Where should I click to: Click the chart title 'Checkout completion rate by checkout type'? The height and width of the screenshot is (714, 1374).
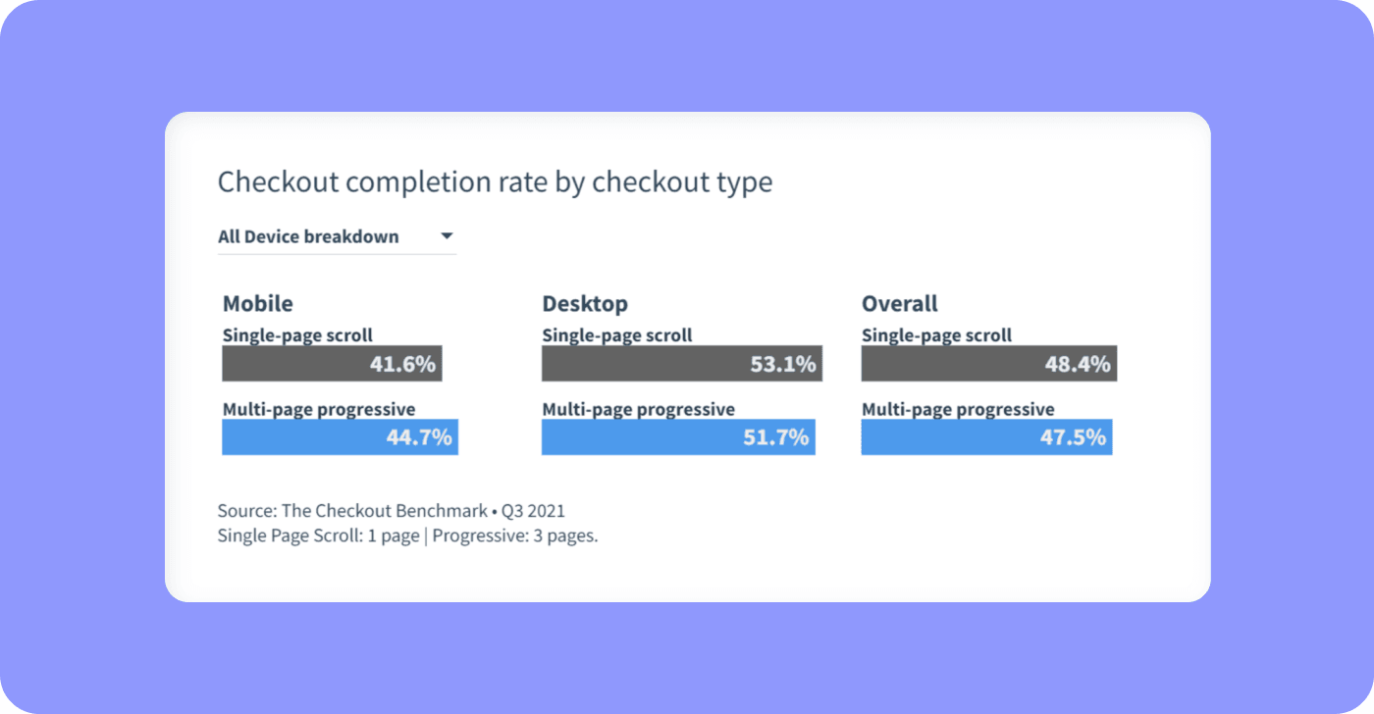click(495, 182)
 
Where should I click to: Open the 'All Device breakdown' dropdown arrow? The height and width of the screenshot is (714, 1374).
click(447, 236)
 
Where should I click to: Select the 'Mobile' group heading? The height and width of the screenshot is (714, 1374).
click(258, 303)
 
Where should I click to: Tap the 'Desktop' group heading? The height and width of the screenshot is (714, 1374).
click(585, 303)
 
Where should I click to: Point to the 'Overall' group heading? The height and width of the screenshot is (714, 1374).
click(900, 303)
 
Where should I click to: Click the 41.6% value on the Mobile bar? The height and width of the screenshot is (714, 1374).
click(402, 365)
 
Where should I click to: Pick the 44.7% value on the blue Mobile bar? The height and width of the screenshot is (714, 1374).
click(419, 437)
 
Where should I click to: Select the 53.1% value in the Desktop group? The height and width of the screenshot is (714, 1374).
click(783, 365)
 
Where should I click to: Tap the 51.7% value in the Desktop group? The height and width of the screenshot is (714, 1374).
click(776, 437)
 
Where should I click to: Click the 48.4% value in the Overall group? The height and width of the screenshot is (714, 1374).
click(1078, 365)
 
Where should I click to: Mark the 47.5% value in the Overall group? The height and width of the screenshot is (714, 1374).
click(1074, 437)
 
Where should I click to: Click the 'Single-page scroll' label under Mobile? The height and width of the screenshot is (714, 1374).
click(297, 335)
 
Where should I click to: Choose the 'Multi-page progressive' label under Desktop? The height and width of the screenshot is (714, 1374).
click(638, 409)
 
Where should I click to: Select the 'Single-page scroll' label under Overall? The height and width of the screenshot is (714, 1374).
click(936, 335)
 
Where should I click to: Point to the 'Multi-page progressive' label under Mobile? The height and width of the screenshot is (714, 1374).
click(319, 409)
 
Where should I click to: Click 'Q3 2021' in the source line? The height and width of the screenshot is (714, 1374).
click(533, 511)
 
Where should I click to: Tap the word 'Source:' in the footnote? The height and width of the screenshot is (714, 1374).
click(247, 511)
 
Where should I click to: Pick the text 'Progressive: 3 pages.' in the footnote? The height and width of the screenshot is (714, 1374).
click(515, 536)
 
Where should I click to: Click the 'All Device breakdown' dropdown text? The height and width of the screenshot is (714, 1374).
click(308, 236)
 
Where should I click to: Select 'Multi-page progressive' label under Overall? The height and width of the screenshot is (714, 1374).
click(958, 409)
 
